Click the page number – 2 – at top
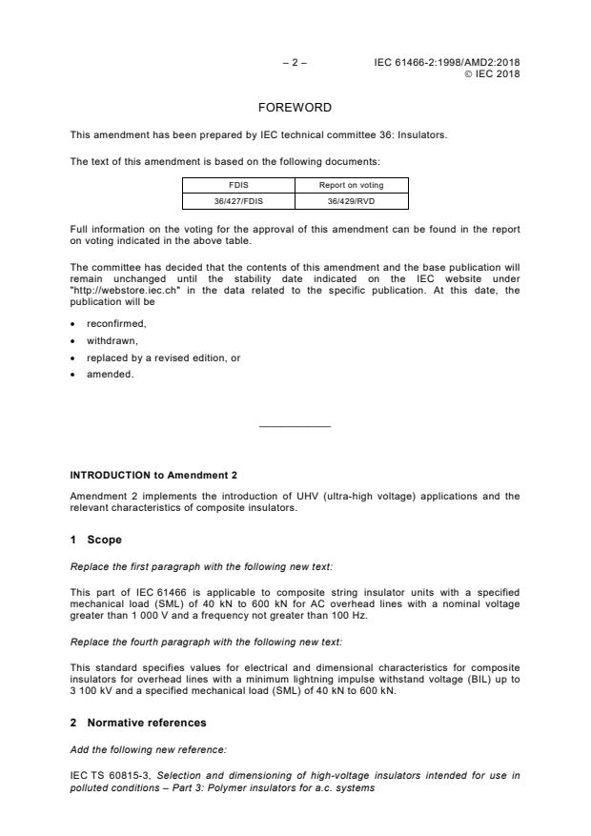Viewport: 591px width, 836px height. [295, 63]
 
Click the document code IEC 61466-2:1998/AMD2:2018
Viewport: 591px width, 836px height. [448, 63]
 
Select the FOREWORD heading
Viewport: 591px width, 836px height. [295, 108]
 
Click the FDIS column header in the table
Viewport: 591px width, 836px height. [238, 185]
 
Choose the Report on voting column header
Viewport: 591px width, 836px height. [351, 185]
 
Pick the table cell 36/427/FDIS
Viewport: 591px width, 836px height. [238, 200]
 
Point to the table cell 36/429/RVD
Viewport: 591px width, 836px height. [351, 200]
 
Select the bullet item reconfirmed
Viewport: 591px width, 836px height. [115, 324]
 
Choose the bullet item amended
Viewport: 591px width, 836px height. [109, 374]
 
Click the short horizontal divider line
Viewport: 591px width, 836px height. [295, 426]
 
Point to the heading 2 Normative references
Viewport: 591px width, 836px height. [138, 724]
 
